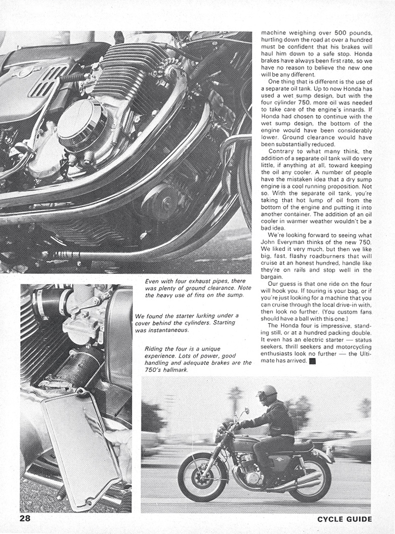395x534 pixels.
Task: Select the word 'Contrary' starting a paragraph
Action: pyautogui.click(x=283, y=151)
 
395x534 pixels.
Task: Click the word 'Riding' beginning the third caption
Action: pyautogui.click(x=155, y=349)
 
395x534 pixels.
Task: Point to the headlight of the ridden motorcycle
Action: pyautogui.click(x=218, y=433)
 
